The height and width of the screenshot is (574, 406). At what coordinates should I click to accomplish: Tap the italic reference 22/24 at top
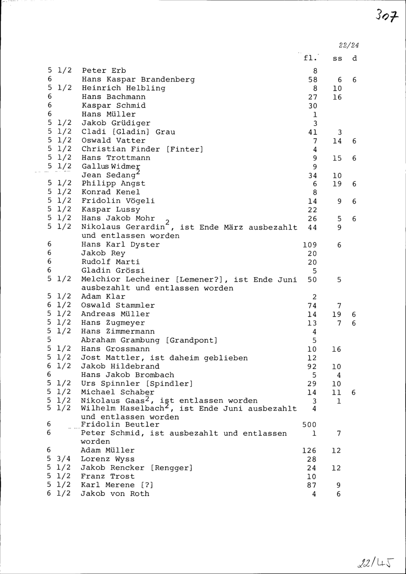click(349, 45)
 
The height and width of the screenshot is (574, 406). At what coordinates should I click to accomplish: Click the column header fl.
click(310, 58)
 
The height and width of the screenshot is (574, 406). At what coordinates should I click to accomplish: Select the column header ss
click(337, 58)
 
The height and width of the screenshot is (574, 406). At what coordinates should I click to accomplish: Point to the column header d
click(354, 58)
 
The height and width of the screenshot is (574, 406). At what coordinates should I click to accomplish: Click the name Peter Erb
click(104, 71)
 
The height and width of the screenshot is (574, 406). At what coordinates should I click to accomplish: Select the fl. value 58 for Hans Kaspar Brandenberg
click(312, 80)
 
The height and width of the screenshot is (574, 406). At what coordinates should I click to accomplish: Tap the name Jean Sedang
click(108, 175)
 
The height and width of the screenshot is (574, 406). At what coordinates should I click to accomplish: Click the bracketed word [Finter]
click(184, 149)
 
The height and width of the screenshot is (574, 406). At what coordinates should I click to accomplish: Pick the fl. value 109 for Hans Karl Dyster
click(309, 245)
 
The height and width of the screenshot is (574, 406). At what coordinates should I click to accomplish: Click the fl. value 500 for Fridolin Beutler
click(309, 425)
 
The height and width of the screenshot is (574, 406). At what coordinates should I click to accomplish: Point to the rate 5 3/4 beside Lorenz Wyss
click(59, 459)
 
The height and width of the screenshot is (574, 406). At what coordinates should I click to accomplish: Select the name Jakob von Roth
click(115, 494)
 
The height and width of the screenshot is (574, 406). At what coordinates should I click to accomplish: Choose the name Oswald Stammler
click(118, 305)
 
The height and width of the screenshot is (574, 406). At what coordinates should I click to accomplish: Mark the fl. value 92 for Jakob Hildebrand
click(311, 366)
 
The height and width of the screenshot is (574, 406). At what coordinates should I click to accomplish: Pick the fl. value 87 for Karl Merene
click(311, 485)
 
